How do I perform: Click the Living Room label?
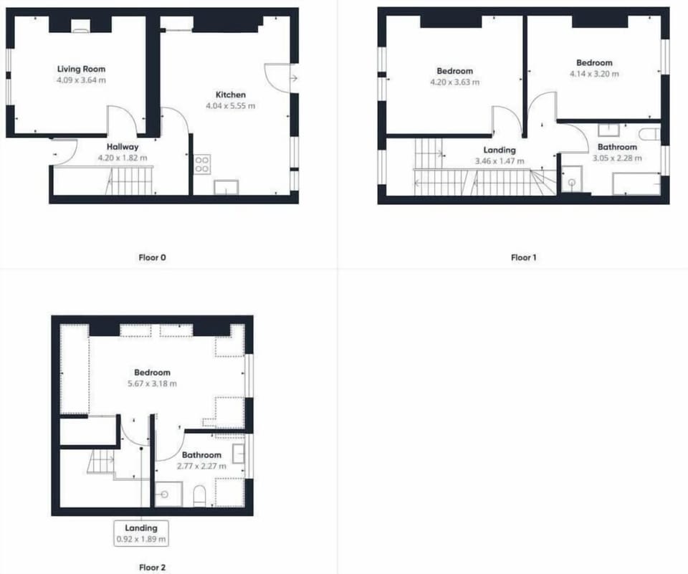(x=81, y=69)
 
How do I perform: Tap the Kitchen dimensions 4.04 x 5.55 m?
(x=230, y=106)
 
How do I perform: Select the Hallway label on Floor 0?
(x=123, y=147)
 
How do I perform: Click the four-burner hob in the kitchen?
(x=202, y=164)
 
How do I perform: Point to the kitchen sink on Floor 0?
(x=226, y=187)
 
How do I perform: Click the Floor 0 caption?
(x=152, y=257)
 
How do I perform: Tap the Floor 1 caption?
(x=523, y=257)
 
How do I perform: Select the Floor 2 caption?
(x=152, y=568)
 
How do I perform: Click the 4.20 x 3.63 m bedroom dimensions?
(x=454, y=82)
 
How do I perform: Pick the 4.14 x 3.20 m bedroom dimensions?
(x=594, y=74)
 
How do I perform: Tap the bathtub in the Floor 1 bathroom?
(x=636, y=184)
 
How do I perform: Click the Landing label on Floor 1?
(x=500, y=150)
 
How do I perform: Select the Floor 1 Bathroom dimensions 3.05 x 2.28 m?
(x=617, y=158)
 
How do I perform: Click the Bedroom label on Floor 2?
(x=152, y=373)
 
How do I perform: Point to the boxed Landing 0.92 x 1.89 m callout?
(x=141, y=533)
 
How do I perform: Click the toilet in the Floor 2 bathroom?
(x=199, y=496)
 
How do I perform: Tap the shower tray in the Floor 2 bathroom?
(x=169, y=494)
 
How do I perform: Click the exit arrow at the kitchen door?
(x=294, y=79)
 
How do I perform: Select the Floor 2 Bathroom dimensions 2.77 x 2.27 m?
(x=202, y=466)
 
